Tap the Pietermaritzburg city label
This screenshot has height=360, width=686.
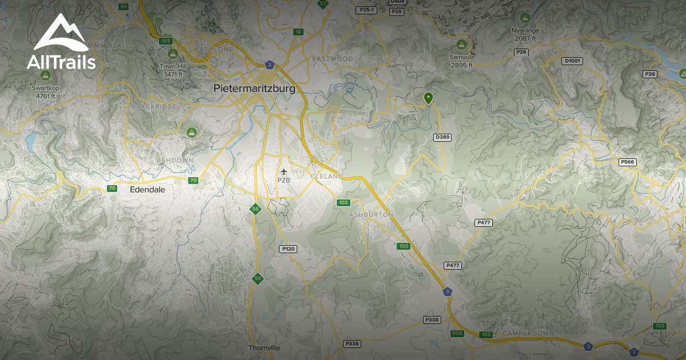click(x=254, y=89)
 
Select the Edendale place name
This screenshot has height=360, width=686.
click(x=147, y=189)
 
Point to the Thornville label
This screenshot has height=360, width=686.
click(x=265, y=347)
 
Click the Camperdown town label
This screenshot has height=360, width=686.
click(x=524, y=333)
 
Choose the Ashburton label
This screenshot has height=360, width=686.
click(x=371, y=214)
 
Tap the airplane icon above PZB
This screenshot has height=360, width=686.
click(x=284, y=171)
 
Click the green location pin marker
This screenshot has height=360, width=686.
click(x=428, y=98)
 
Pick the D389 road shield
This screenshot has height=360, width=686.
click(x=443, y=137)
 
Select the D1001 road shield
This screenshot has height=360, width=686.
click(x=572, y=61)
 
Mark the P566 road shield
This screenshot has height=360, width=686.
click(x=627, y=162)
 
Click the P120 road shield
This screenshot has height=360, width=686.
click(x=288, y=249)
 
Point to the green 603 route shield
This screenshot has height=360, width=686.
click(x=457, y=333)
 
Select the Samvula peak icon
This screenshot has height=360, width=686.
click(x=461, y=44)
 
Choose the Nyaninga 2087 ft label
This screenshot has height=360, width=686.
click(x=525, y=34)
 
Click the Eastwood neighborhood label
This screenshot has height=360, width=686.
click(x=333, y=59)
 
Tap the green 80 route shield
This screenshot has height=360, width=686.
click(x=123, y=7)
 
